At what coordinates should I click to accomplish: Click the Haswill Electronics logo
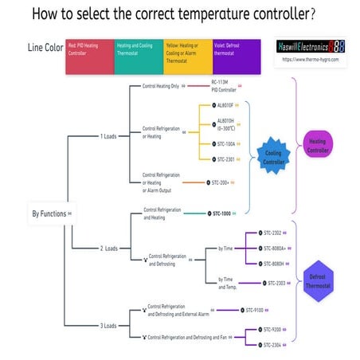[309, 47]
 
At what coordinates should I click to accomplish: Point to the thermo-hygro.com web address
[309, 61]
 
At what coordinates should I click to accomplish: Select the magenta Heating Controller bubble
[324, 146]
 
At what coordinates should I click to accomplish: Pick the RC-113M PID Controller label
[224, 86]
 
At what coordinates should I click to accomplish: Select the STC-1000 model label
[221, 213]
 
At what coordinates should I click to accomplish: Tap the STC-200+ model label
[222, 182]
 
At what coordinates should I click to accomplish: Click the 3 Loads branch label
[108, 326]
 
